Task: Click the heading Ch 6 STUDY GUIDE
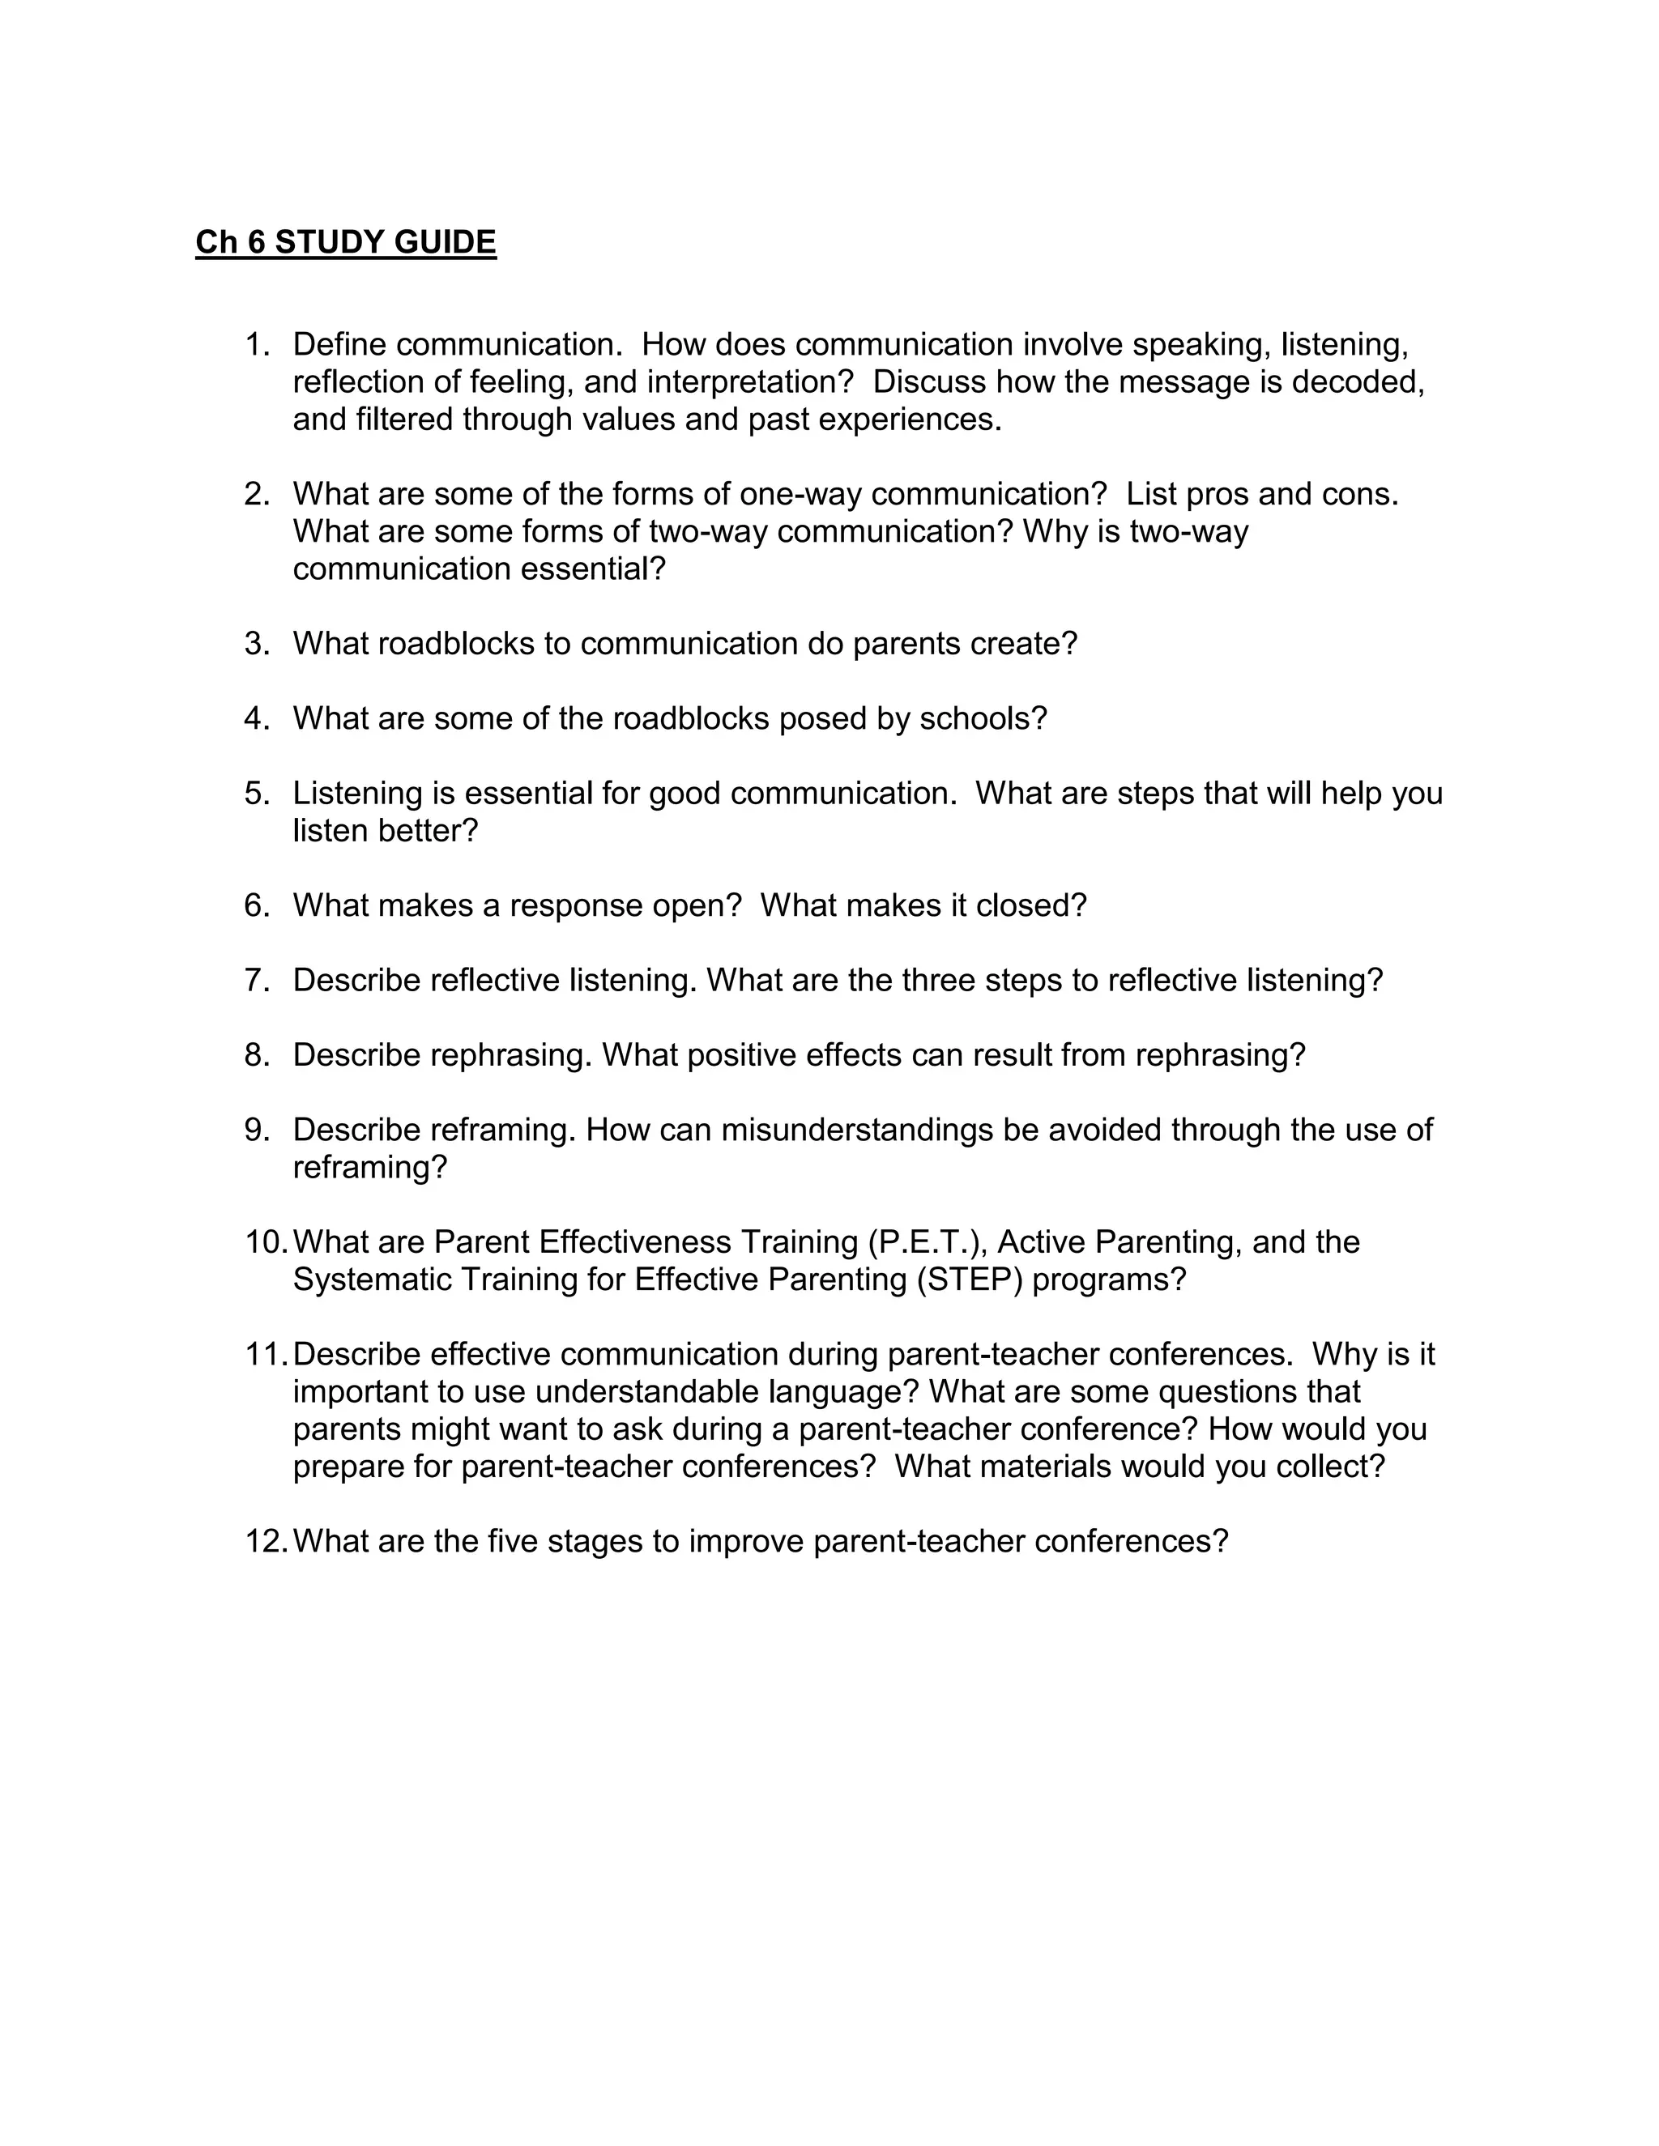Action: (346, 241)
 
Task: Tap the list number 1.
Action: (255, 345)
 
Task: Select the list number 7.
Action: (255, 981)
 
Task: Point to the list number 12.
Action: (266, 1541)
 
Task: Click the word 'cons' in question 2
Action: (1358, 494)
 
